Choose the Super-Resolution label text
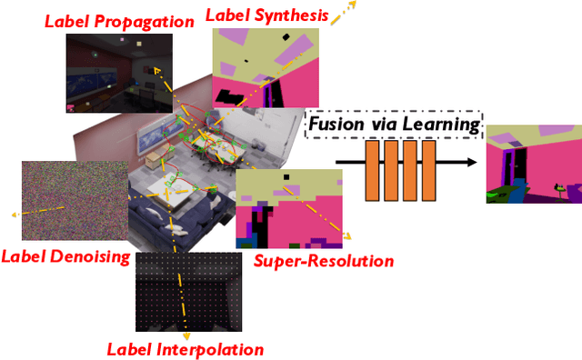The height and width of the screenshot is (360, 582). [x=323, y=261]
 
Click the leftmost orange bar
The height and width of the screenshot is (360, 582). [x=372, y=171]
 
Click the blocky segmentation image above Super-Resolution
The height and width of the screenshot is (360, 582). [x=288, y=208]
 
